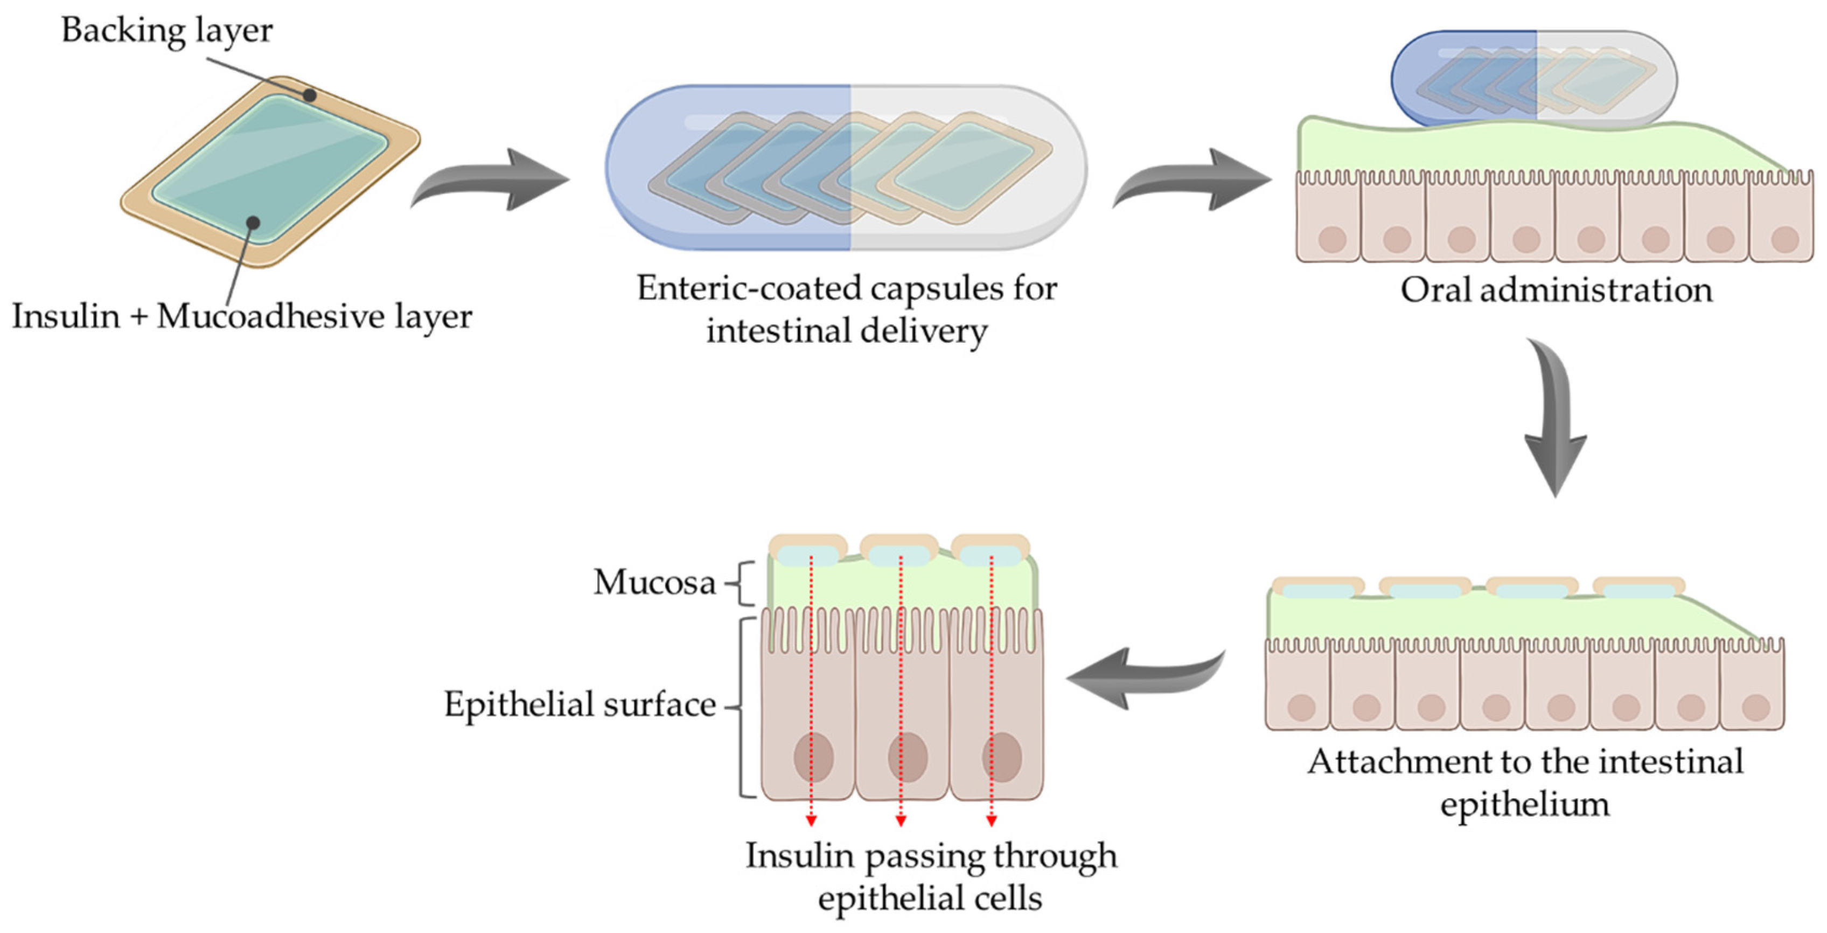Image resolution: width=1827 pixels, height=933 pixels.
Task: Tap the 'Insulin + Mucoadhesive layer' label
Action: [x=241, y=316]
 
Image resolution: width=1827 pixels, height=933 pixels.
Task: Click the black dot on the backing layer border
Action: [x=309, y=95]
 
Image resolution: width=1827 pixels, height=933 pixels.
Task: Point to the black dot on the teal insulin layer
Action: [x=253, y=223]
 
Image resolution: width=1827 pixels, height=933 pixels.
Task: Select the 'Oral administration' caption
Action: [x=1556, y=290]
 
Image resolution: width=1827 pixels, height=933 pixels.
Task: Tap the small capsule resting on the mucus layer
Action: [x=1533, y=78]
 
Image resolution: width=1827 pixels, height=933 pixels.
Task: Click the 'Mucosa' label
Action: [x=654, y=583]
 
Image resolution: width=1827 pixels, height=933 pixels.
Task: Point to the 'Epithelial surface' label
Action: [x=580, y=704]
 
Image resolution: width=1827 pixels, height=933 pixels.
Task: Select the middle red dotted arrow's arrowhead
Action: [x=901, y=821]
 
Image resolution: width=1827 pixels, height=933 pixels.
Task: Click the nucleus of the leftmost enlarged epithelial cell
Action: [x=813, y=756]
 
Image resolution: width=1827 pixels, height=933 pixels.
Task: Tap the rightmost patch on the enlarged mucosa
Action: [x=990, y=550]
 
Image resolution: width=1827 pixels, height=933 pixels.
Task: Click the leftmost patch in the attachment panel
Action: [x=1318, y=588]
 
